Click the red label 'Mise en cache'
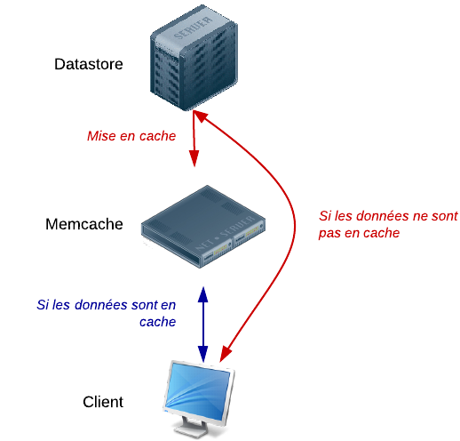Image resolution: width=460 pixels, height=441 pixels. click(131, 137)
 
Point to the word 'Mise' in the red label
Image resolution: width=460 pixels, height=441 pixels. click(100, 137)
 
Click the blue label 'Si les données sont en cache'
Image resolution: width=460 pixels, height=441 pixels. click(108, 313)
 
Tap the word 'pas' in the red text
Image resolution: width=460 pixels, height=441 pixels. click(329, 234)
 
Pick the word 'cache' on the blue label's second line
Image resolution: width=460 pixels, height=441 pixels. click(158, 322)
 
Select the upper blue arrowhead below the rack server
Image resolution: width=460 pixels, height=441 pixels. click(203, 293)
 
